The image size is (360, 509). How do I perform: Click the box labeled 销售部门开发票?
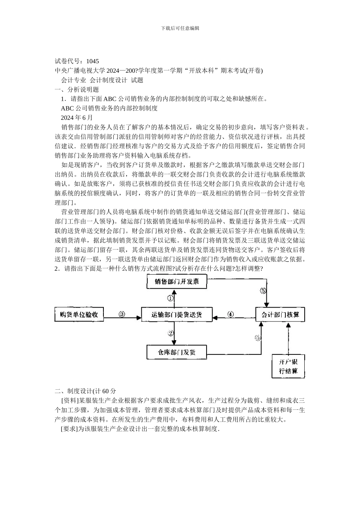coord(177,282)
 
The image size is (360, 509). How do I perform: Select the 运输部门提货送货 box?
coord(177,314)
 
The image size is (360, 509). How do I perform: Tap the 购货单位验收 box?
coord(79,314)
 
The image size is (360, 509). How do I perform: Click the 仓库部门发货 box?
coord(177,352)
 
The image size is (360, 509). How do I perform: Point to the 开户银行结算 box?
coord(288,366)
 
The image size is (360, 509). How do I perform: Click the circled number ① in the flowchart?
coord(171,298)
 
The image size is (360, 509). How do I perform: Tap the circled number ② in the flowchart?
coord(171,333)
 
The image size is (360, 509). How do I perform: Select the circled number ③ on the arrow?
coord(122,314)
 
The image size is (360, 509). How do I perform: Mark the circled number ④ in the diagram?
coord(230,314)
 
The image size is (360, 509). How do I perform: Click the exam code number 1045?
coord(92,61)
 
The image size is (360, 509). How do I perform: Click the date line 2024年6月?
coord(77,117)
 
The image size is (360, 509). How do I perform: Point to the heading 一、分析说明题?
coord(77,89)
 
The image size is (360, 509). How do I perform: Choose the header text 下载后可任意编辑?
coord(180,28)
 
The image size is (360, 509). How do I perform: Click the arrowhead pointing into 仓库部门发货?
coord(174,342)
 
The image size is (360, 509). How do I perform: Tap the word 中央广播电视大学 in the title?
coord(80,70)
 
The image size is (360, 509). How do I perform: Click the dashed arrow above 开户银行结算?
coord(288,339)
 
